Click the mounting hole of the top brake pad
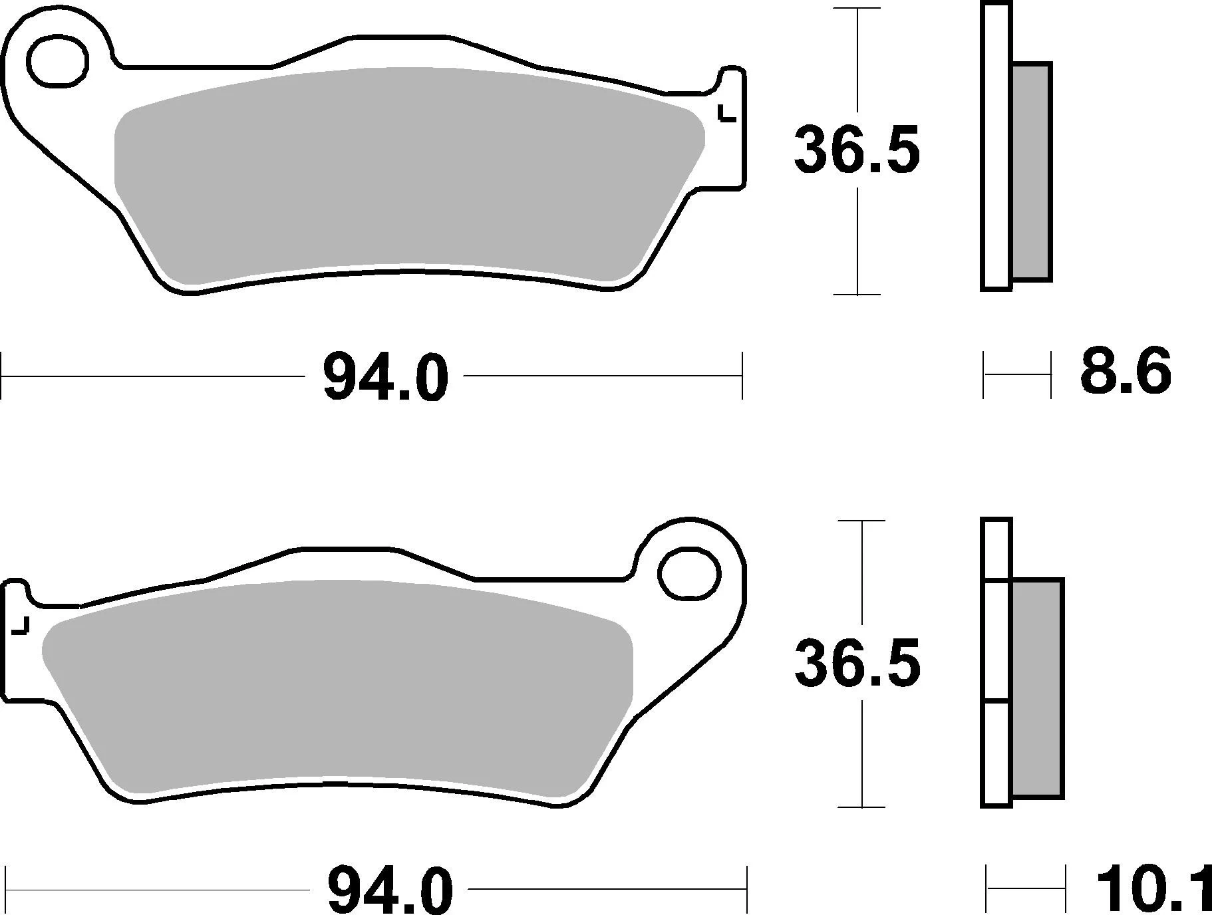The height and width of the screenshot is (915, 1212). tap(58, 62)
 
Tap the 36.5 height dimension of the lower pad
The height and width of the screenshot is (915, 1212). tap(857, 663)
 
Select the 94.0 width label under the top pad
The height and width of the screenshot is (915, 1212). tap(385, 377)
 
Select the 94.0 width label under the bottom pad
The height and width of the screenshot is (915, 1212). tap(390, 889)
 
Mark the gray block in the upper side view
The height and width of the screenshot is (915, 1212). tap(1032, 171)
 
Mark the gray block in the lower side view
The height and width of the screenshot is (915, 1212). tap(1037, 688)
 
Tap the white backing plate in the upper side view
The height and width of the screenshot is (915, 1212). tap(995, 146)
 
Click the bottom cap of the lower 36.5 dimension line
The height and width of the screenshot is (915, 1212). tap(862, 807)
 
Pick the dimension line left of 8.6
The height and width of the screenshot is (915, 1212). tap(1017, 375)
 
